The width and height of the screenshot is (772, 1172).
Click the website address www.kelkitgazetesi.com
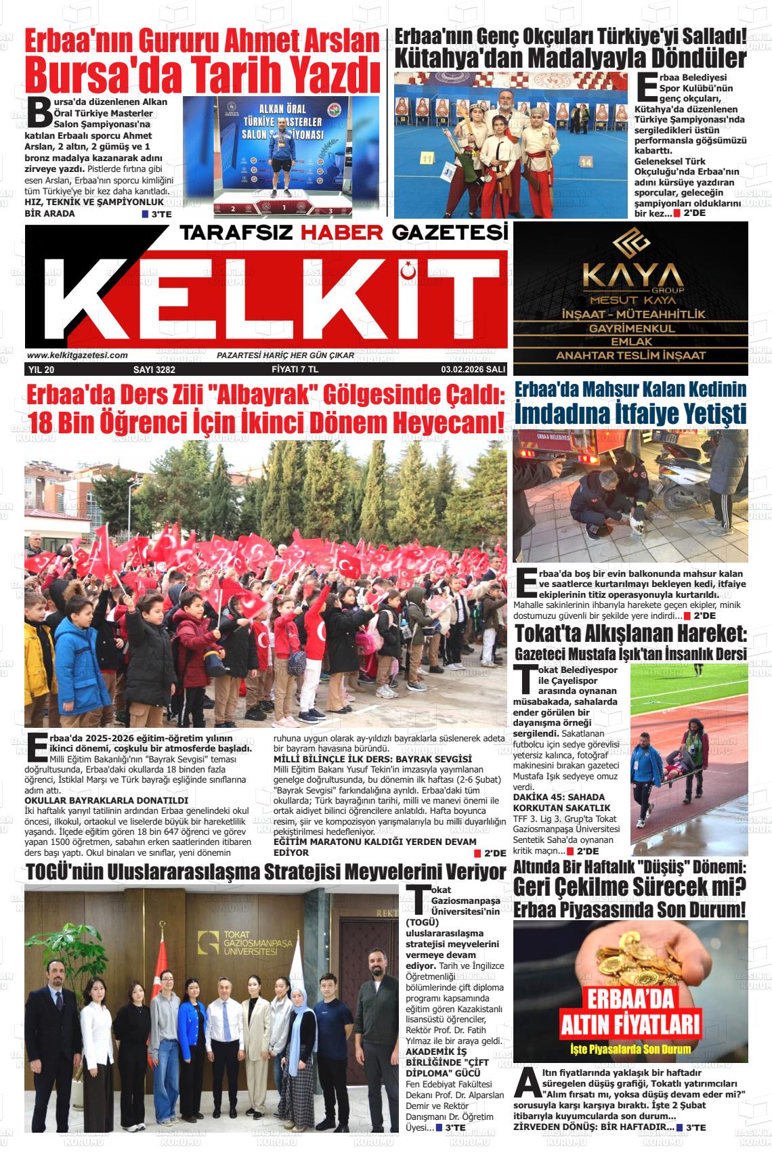pos(77,355)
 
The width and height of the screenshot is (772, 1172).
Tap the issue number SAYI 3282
pos(154,370)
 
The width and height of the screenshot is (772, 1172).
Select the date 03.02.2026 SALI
pos(473,370)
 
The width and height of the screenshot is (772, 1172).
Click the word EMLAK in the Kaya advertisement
pos(630,342)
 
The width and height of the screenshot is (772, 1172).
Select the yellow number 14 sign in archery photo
pos(586,162)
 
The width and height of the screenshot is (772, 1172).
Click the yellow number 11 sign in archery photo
pos(427,158)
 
